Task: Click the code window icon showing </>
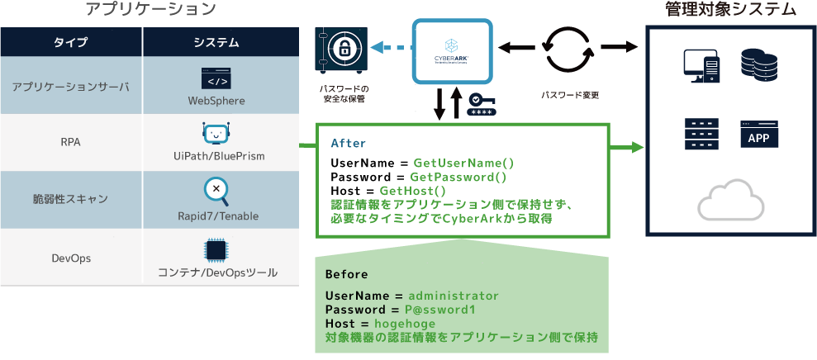coord(216,79)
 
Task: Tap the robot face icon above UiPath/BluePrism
coord(215,133)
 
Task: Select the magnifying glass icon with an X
coord(216,190)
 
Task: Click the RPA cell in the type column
coord(70,142)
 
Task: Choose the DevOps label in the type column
coord(70,258)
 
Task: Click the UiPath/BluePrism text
coord(216,154)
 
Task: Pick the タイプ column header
coord(70,42)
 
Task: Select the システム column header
coord(216,42)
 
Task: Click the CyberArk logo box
coord(452,53)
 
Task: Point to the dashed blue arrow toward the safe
coord(391,48)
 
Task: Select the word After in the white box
coord(348,143)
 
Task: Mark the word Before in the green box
coord(346,274)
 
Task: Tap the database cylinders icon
coord(759,64)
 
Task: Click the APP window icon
coord(758,135)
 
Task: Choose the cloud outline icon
coord(730,200)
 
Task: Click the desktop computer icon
coord(701,66)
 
